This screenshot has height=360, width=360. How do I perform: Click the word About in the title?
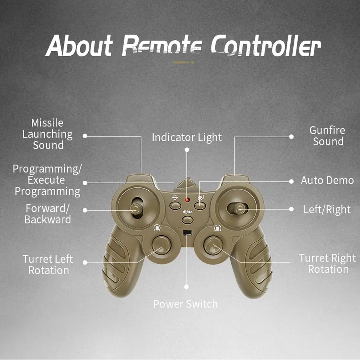pos(79,46)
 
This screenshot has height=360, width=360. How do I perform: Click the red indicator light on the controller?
pos(187,200)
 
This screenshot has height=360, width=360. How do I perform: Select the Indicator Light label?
pos(187,138)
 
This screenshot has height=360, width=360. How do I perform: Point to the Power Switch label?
pos(185,304)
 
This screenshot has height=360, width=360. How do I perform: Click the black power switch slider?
pos(187,233)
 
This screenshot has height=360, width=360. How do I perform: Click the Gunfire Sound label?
pos(328,136)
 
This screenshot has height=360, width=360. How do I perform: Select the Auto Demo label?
pos(328,180)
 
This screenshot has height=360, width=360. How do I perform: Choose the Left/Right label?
pos(327,209)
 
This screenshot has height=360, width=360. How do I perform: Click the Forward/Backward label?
pos(47,214)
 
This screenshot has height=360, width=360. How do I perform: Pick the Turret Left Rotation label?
pos(48,265)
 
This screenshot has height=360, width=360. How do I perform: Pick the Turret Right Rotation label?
pos(328,263)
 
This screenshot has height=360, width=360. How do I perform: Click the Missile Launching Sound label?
pos(47,134)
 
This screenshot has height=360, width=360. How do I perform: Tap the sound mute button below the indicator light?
pos(187,220)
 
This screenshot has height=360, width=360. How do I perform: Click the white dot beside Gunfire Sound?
pos(291,137)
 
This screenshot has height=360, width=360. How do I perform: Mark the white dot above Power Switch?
pos(187,287)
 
